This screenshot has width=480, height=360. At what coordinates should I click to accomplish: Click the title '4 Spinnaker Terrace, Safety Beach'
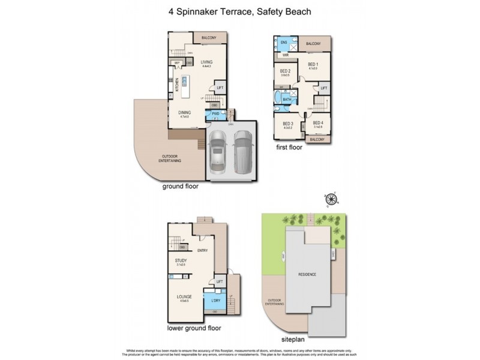(x=240, y=11)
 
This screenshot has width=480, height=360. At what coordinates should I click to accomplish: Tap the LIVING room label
(x=207, y=62)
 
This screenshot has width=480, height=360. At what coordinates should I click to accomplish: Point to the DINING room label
(x=184, y=112)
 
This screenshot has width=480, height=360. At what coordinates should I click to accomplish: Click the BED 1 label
(x=313, y=64)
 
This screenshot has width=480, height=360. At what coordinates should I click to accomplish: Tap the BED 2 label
(x=286, y=72)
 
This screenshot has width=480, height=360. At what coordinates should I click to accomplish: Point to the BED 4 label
(x=318, y=123)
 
